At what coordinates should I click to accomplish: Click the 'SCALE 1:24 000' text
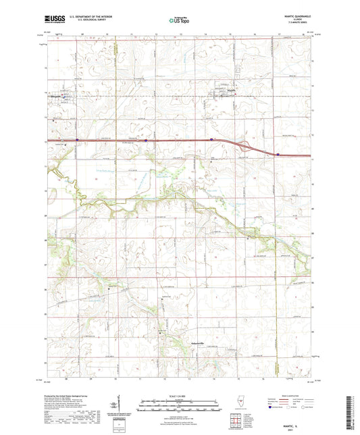click(x=180, y=396)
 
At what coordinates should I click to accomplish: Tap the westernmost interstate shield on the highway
click(x=77, y=140)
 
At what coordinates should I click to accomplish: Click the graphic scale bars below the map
click(x=180, y=406)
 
